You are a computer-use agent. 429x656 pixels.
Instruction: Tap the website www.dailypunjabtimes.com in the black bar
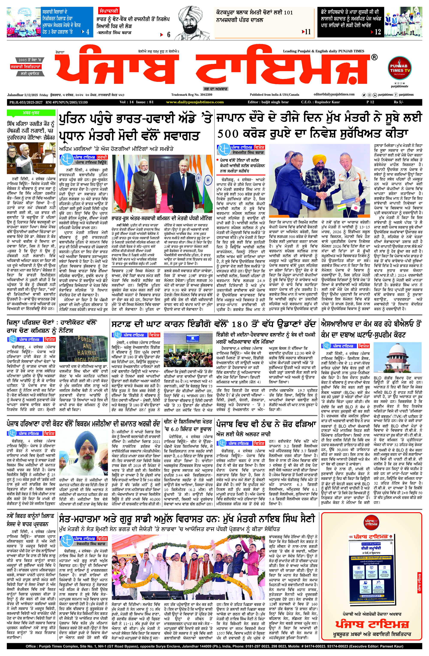coord(195,102)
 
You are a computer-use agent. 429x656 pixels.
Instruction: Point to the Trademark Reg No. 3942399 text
coord(192,95)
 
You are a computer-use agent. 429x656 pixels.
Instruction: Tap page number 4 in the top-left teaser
coord(88,32)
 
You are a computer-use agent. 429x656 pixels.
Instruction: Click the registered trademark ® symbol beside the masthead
coord(374,57)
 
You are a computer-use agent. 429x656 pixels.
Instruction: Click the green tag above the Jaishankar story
coord(31,113)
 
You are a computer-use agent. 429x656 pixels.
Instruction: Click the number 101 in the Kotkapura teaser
coord(288,12)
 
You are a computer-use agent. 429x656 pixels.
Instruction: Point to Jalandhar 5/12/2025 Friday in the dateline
coord(28,95)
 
